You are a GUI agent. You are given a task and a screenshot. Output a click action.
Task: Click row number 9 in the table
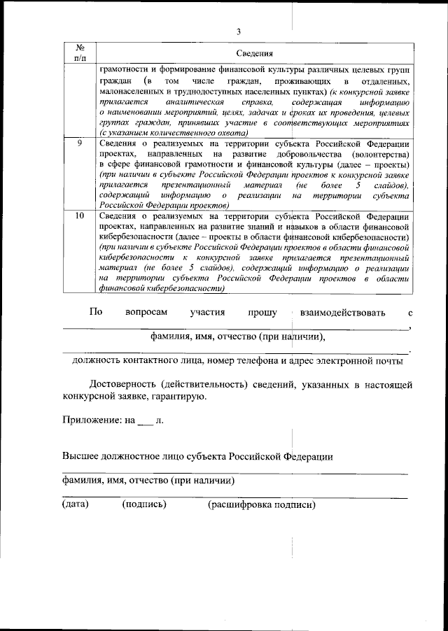80,143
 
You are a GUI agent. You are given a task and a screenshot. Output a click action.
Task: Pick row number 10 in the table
80,216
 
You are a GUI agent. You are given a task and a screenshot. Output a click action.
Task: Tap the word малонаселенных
133,92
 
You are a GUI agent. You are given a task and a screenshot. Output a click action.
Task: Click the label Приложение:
88,422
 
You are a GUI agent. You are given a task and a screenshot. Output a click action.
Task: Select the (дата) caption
75,504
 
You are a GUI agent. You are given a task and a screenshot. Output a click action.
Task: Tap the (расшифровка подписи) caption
262,504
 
